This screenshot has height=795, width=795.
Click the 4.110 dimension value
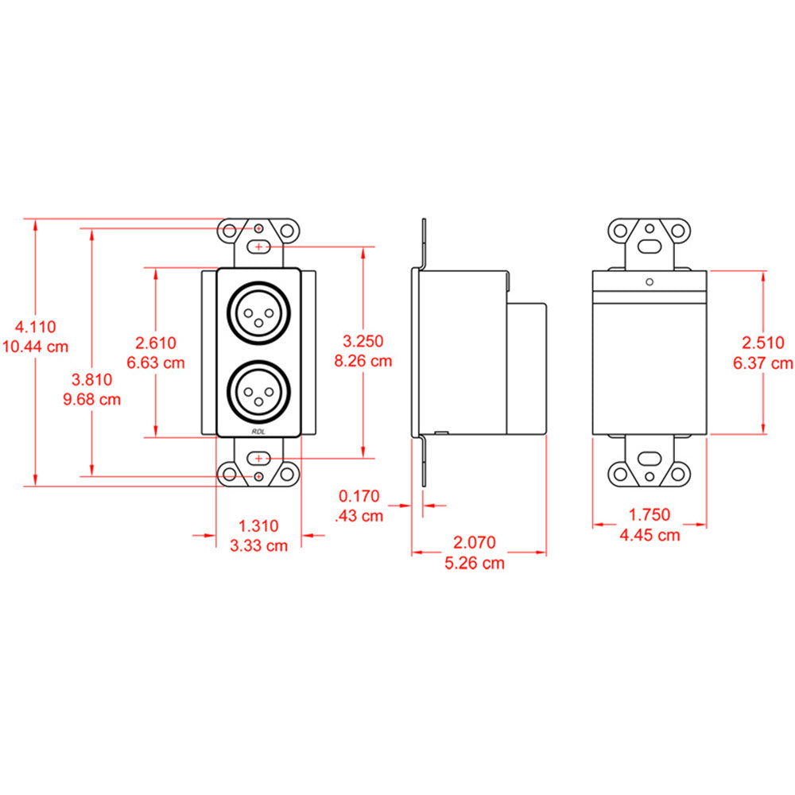click(34, 326)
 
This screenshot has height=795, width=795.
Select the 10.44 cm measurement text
click(34, 347)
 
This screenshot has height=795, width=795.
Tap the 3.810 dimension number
click(91, 379)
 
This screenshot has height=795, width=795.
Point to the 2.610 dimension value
click(156, 343)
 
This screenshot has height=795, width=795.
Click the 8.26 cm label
click(363, 361)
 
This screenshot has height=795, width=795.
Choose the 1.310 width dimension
click(259, 525)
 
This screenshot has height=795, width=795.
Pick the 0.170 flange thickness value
click(359, 496)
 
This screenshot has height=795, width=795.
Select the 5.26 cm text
click(475, 563)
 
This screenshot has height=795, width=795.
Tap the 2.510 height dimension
click(763, 343)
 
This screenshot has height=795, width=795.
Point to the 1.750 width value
click(650, 514)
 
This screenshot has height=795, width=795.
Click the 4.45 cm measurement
click(650, 535)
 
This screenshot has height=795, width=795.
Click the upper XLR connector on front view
click(258, 312)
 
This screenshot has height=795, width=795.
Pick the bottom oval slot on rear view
click(650, 458)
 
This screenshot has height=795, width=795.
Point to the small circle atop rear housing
click(650, 281)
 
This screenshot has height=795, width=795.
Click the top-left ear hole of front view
click(230, 231)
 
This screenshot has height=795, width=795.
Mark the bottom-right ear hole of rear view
click(679, 475)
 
